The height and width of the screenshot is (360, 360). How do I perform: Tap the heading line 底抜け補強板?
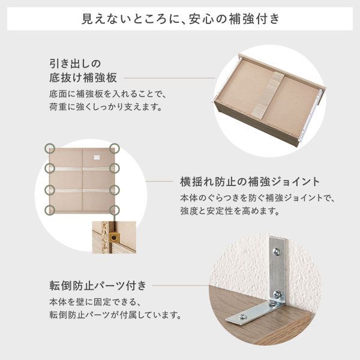pos(82,78)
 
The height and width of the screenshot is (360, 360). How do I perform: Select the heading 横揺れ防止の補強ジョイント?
pos(250,181)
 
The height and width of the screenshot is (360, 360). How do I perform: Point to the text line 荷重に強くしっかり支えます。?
pos(106,108)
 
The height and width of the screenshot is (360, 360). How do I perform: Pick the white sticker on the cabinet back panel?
pos(96,157)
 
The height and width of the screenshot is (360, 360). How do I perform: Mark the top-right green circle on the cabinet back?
pos(115,148)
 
